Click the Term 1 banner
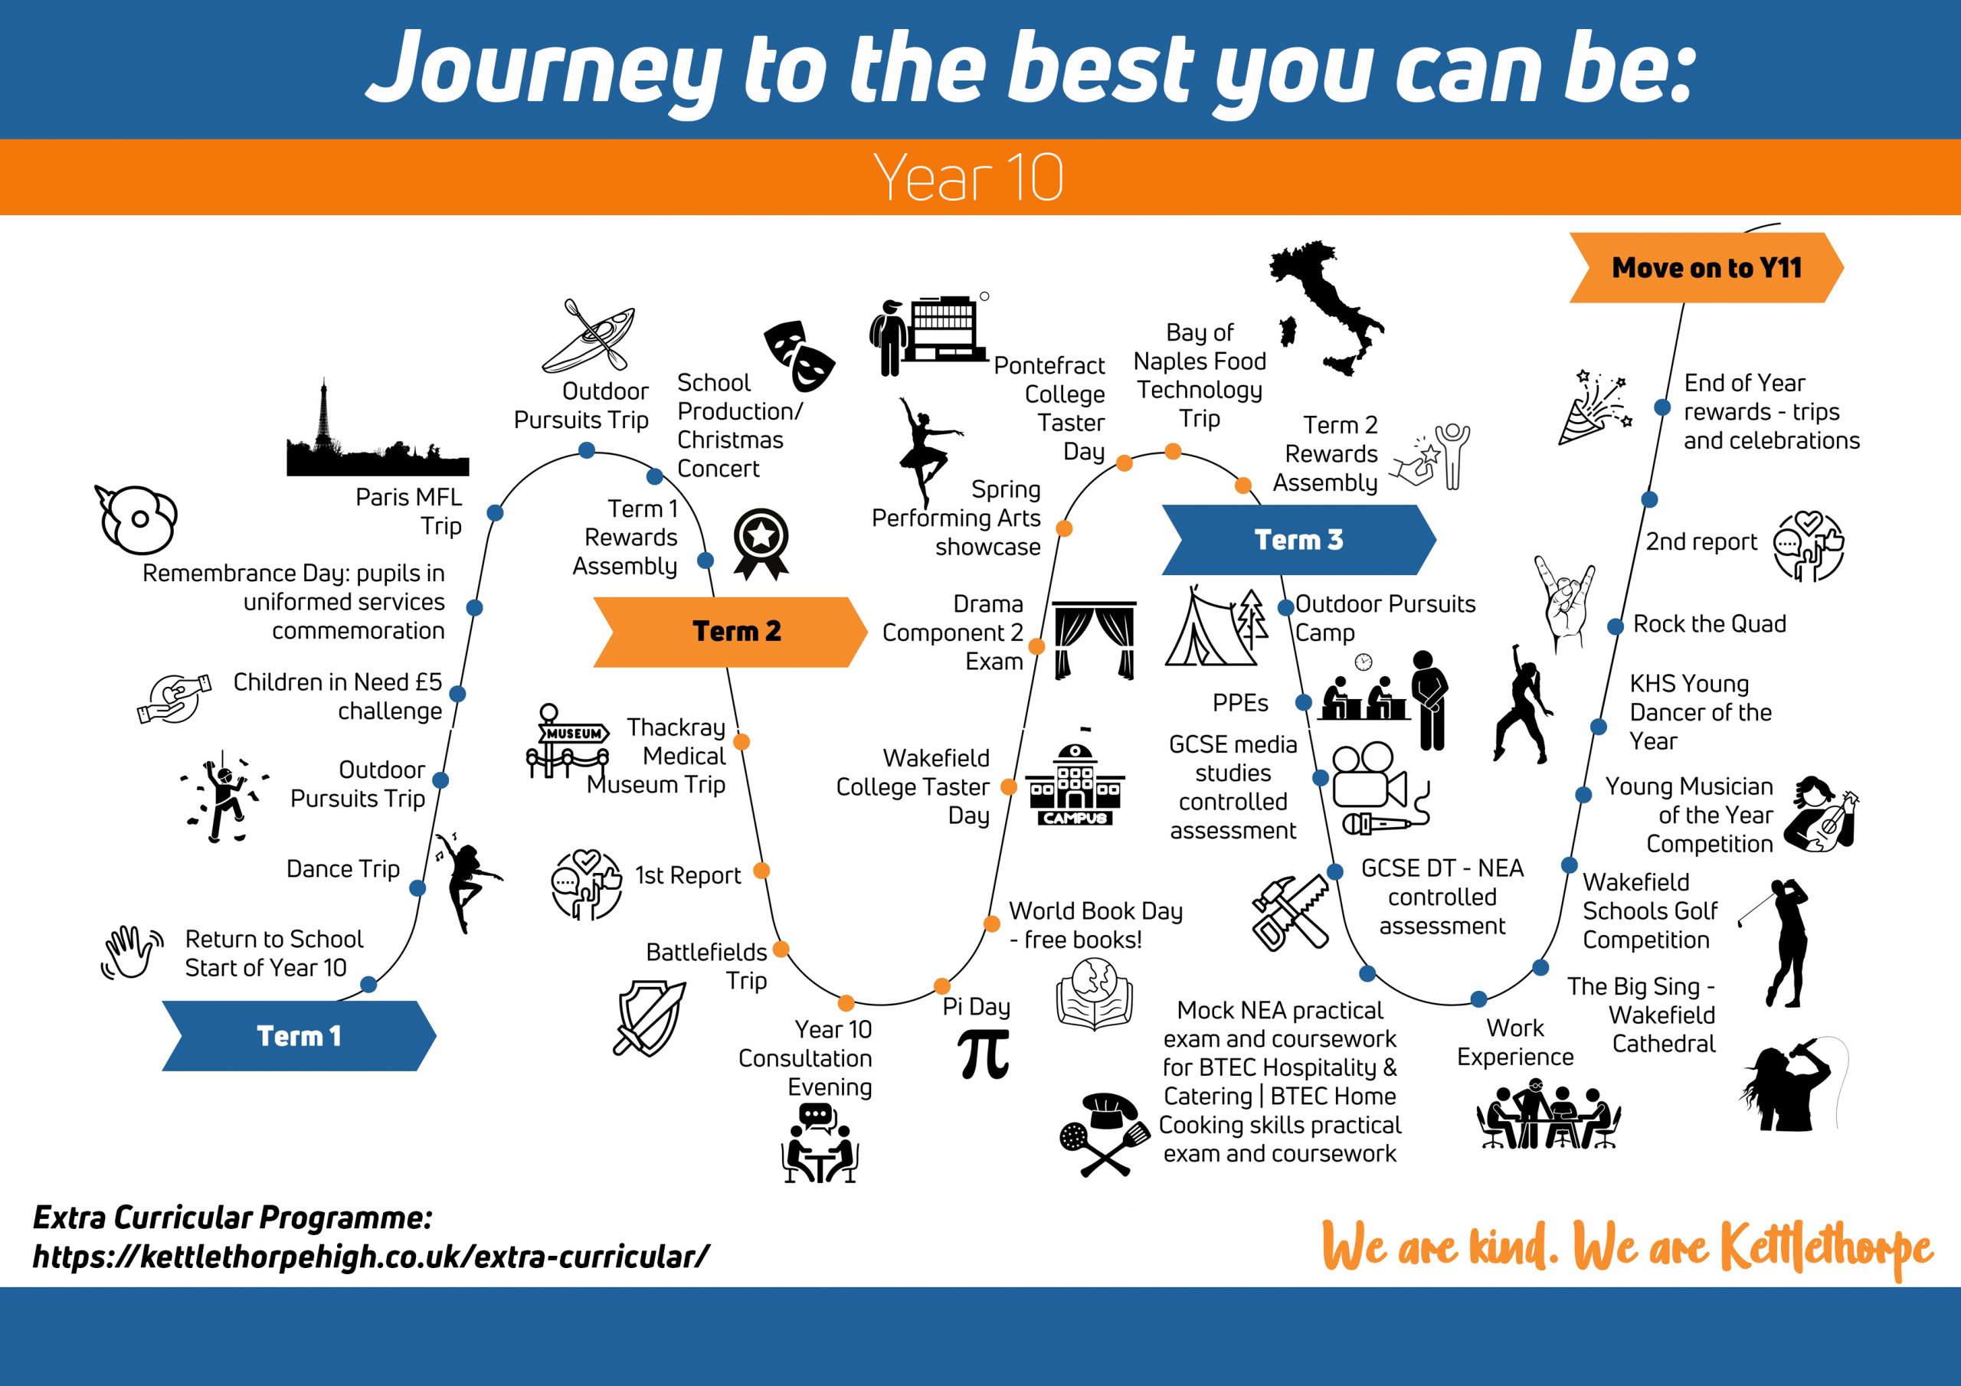coord(299,1036)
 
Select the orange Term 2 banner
coord(730,632)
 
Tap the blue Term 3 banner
coord(1299,540)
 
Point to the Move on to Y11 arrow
coord(1707,267)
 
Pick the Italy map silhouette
coord(1327,309)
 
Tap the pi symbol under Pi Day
coord(983,1054)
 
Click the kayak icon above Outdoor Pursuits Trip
coord(589,335)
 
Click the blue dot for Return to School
coord(369,985)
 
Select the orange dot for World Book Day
coord(991,923)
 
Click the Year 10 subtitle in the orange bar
coord(968,178)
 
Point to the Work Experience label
coord(1515,1043)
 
